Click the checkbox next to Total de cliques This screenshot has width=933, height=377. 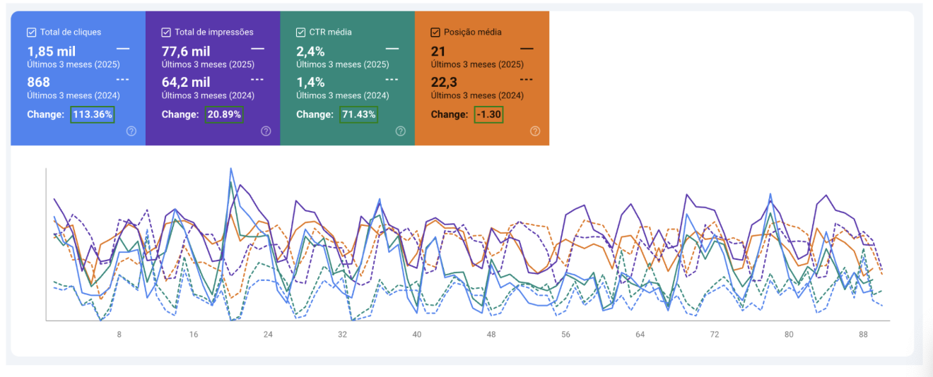tap(31, 32)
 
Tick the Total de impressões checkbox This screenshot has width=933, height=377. tap(166, 32)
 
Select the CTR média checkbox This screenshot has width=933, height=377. tap(300, 32)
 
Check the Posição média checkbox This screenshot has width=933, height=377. tap(435, 32)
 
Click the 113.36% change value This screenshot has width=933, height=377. tap(93, 114)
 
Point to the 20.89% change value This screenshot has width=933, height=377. tap(224, 114)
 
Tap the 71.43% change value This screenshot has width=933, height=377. tap(358, 114)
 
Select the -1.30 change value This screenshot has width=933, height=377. tap(488, 114)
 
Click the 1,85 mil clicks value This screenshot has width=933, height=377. tap(52, 52)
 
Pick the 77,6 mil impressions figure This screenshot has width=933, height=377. tap(186, 52)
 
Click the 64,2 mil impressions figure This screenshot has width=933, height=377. tap(186, 82)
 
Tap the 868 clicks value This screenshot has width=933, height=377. tap(39, 82)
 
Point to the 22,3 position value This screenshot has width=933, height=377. tap(444, 82)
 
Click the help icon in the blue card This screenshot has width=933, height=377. tap(131, 131)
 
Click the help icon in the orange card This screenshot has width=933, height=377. tap(535, 131)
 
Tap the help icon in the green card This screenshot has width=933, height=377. tap(401, 131)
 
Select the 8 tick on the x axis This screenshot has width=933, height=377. tap(119, 335)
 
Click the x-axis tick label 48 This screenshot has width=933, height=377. tap(491, 335)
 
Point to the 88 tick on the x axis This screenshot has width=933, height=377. tap(863, 335)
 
